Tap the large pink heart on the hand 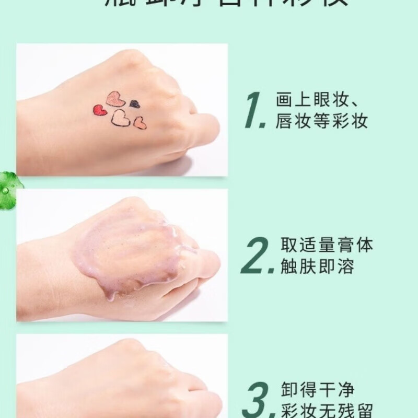coord(115,98)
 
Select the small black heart coord(135,104)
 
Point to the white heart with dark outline coord(121,118)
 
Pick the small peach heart coord(140,124)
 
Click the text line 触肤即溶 coord(315,267)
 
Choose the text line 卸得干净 coord(315,390)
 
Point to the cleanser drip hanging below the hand coord(110,296)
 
